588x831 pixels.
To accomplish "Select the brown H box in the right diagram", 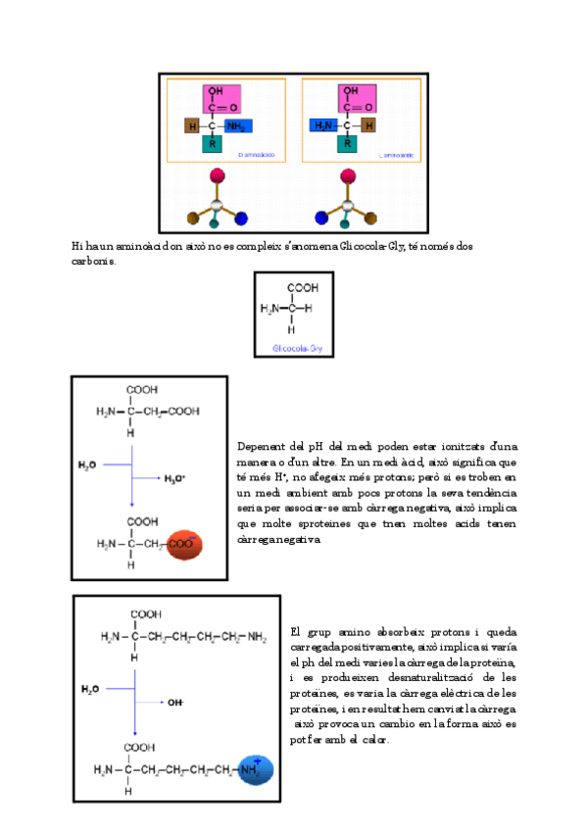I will (x=367, y=125).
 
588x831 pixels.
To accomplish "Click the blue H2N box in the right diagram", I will (x=323, y=125).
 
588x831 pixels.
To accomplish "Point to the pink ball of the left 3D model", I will (x=218, y=177).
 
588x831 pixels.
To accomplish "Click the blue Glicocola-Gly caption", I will (x=295, y=348).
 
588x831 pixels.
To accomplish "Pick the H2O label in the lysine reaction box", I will (x=91, y=689).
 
